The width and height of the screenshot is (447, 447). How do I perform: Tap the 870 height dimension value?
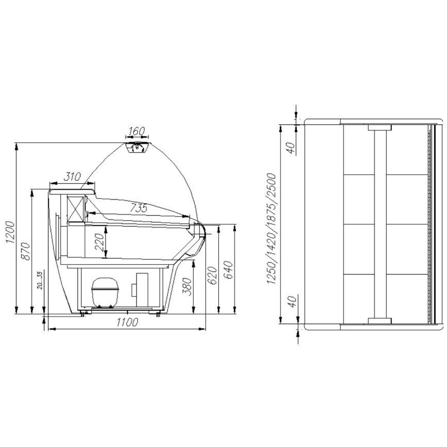point(26,251)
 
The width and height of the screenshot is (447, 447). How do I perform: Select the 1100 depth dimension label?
point(127,322)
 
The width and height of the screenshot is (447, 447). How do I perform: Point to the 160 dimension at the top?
point(137,131)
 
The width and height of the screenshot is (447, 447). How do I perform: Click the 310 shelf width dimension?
point(72,177)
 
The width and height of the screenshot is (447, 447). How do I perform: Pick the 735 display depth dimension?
point(138,208)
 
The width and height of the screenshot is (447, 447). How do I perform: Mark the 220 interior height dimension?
point(100,242)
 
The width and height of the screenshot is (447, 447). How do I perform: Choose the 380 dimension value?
point(187,287)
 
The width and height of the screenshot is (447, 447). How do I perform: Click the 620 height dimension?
point(212,275)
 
